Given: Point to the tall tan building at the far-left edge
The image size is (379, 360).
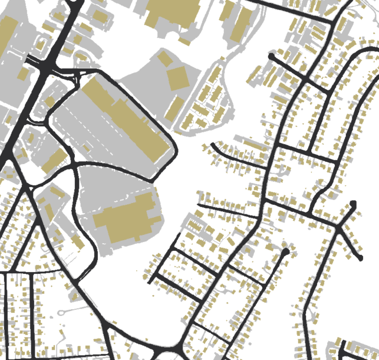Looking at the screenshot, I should click(7, 35).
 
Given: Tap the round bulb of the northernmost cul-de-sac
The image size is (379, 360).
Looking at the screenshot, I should click(271, 57).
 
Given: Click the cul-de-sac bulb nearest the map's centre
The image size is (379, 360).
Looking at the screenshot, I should click(285, 252).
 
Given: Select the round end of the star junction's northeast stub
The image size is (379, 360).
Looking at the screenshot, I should click(353, 204).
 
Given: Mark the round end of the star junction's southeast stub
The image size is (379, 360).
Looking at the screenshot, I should click(360, 258).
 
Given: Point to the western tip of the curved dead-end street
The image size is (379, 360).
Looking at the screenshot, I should click(213, 145).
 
